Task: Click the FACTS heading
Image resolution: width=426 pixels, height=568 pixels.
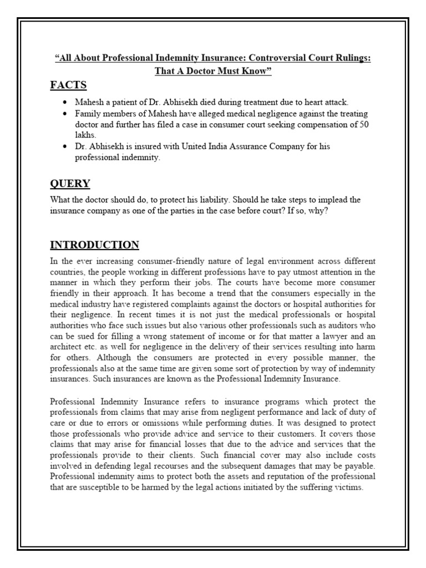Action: pyautogui.click(x=68, y=85)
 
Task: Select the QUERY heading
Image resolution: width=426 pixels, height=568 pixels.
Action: pyautogui.click(x=70, y=184)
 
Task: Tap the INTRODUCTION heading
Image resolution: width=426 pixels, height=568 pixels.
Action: pyautogui.click(x=95, y=245)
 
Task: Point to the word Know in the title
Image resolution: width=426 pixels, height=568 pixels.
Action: pyautogui.click(x=256, y=72)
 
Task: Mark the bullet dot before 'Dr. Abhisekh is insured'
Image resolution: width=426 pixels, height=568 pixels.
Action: pyautogui.click(x=65, y=146)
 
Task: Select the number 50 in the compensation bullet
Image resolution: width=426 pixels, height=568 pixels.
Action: pyautogui.click(x=364, y=125)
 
